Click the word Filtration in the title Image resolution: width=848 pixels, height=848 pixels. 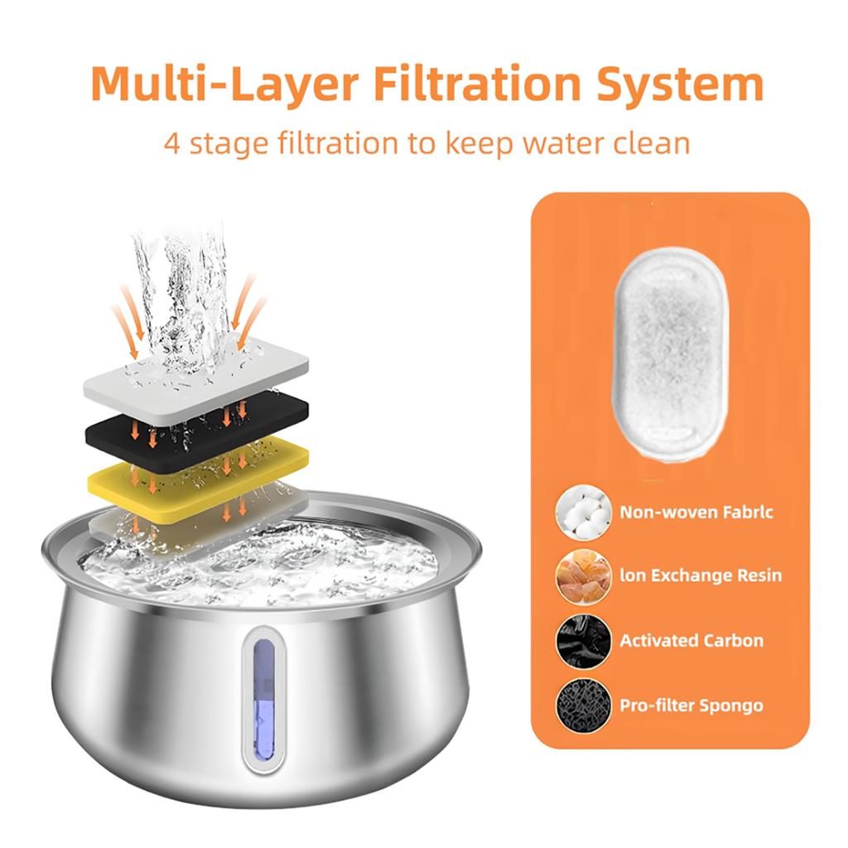[x=466, y=84]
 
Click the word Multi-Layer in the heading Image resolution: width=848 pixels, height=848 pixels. [x=223, y=84]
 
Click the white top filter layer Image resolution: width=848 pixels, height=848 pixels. [x=196, y=374]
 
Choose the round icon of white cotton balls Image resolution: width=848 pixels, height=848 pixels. [x=584, y=513]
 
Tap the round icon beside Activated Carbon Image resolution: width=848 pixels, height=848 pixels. [x=584, y=641]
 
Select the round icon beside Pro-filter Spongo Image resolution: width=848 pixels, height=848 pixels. [x=584, y=706]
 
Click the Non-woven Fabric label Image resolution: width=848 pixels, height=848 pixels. [x=696, y=513]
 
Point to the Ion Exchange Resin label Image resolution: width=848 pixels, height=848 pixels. [x=701, y=576]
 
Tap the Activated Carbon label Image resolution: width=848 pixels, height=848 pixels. [x=691, y=641]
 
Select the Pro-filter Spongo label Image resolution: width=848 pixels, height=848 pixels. [x=691, y=706]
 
